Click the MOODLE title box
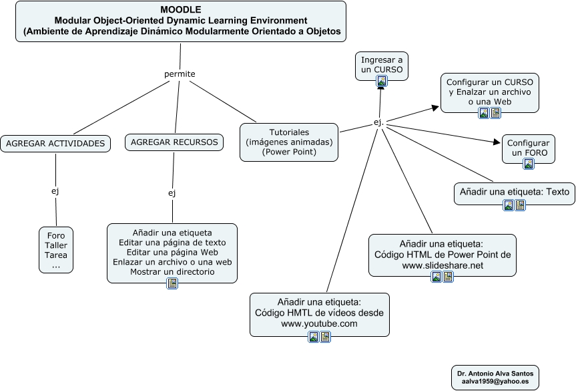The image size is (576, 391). (x=181, y=21)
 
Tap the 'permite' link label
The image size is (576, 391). (x=180, y=74)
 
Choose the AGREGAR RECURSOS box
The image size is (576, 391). (x=174, y=142)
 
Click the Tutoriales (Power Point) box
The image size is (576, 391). (x=289, y=142)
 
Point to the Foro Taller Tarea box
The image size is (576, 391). (x=56, y=250)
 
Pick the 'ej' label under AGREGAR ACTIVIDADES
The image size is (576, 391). (x=55, y=191)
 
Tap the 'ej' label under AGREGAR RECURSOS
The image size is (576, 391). (x=172, y=193)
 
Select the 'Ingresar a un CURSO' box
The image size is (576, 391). (x=382, y=65)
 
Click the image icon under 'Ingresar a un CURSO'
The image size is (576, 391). (x=382, y=81)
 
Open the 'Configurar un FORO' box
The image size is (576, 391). (x=528, y=148)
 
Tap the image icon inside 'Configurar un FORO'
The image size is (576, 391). (x=529, y=163)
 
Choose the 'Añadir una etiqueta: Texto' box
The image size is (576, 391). (x=514, y=192)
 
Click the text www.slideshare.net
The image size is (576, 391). (x=442, y=265)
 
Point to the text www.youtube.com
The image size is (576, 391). (x=319, y=323)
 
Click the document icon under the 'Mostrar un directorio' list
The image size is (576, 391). (x=172, y=283)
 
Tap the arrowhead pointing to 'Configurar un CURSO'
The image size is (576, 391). (x=435, y=108)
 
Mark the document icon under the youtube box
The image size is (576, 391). (x=325, y=337)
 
